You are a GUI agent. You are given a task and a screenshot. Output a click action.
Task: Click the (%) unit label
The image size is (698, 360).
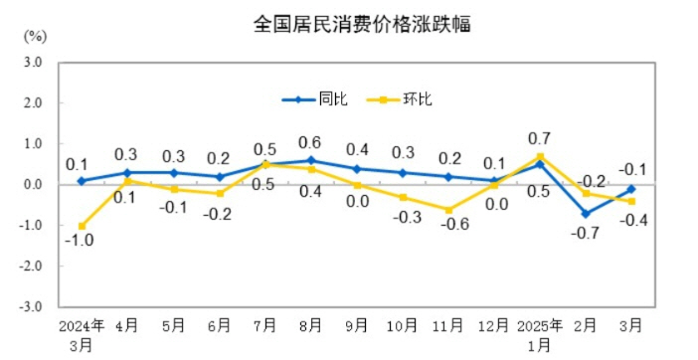34,36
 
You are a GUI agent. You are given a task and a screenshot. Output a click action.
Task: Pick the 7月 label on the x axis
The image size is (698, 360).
264,325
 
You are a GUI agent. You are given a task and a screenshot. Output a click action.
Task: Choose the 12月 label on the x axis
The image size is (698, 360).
494,325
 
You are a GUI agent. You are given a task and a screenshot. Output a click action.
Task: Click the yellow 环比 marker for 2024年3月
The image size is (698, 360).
82,226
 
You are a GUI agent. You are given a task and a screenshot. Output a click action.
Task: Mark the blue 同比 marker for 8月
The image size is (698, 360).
310,160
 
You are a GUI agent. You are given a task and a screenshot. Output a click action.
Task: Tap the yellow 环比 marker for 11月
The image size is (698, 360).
447,210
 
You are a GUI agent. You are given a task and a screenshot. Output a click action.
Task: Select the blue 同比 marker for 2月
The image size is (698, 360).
586,214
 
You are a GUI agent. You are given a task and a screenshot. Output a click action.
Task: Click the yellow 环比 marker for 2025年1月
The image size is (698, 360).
540,156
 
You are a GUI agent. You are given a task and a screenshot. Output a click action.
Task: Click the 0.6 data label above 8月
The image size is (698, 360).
310,142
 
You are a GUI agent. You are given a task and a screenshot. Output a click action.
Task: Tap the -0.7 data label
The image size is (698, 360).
585,234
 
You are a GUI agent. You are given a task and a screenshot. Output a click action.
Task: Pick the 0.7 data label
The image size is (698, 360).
541,137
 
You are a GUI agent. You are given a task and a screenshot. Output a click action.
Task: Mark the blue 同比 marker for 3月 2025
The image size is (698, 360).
631,189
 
